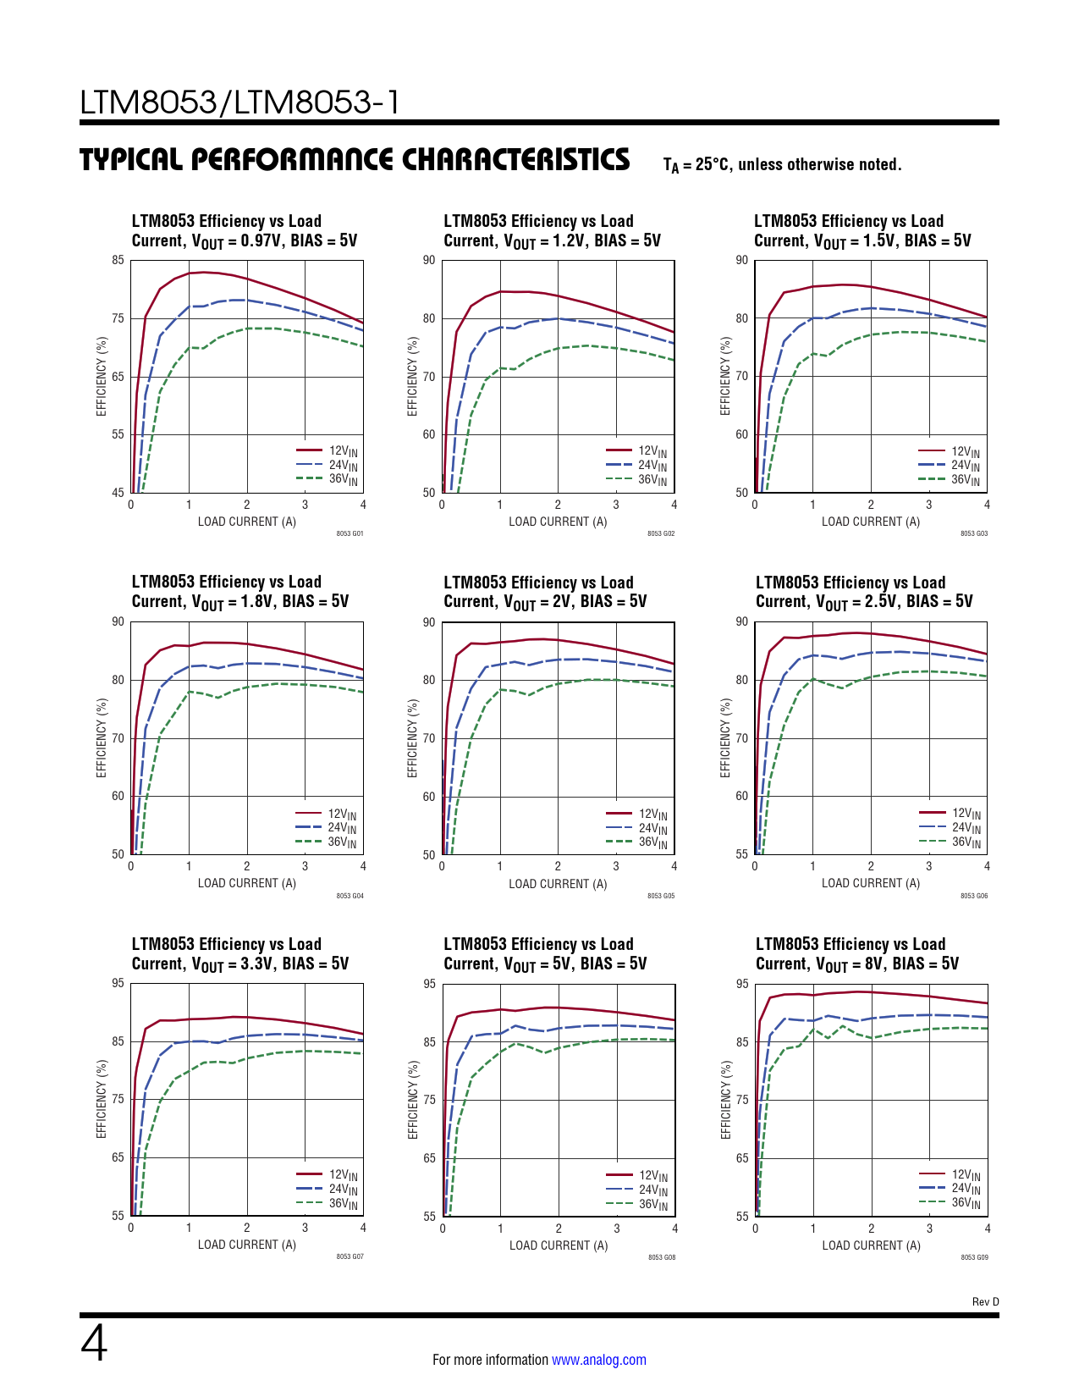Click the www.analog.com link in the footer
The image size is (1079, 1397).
[598, 1360]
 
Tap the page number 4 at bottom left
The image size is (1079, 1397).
[94, 1344]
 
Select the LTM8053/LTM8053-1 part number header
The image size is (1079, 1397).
[239, 102]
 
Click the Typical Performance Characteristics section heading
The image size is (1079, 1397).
[355, 160]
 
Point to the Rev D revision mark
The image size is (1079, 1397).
[985, 1302]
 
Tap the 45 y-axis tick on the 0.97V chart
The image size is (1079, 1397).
[118, 493]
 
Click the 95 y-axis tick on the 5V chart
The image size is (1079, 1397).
[429, 984]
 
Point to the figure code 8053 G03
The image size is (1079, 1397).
[974, 534]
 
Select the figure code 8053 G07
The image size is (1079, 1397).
[350, 1256]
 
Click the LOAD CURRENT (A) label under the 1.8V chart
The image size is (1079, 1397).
[247, 883]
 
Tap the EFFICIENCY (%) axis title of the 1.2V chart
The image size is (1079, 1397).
[413, 376]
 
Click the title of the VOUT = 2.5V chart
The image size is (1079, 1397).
[864, 592]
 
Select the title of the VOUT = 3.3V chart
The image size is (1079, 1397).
[240, 953]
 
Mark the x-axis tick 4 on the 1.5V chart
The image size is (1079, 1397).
[987, 505]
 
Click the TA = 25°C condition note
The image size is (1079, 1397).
[783, 165]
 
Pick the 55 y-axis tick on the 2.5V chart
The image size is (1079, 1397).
[742, 854]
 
